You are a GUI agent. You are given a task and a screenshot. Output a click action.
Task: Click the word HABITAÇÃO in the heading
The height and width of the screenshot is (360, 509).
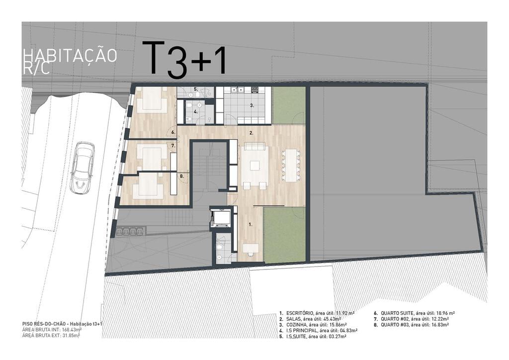coord(70,56)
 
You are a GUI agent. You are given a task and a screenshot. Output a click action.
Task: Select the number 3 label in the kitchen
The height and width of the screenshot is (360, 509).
coord(252,105)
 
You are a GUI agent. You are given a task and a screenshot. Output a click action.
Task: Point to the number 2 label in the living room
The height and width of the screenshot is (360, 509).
coord(251,133)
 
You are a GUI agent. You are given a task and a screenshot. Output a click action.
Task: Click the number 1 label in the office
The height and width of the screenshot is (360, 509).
coord(251,224)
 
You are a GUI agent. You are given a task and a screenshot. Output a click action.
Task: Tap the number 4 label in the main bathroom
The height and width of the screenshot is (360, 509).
coord(196,111)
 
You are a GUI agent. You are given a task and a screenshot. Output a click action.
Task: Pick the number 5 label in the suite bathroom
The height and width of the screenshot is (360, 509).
coord(196,89)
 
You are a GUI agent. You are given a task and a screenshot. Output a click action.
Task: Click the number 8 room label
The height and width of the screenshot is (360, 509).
coord(182,176)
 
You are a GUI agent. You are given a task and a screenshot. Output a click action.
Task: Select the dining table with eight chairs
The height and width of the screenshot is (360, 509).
coord(290,165)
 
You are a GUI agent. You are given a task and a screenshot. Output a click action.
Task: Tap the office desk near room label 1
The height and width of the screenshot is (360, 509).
coord(251,248)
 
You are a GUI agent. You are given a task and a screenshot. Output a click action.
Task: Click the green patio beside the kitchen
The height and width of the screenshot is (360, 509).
coord(288,105)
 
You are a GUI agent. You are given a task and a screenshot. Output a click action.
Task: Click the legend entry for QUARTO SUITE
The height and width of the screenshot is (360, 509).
coord(414,313)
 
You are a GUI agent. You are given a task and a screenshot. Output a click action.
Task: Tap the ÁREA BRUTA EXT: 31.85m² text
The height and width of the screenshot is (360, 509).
coord(51,336)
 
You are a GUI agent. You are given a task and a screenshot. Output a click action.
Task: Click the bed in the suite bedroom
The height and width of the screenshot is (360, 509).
coord(152,100)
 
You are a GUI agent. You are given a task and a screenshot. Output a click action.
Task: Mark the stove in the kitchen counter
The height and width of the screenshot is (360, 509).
coord(254,90)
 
